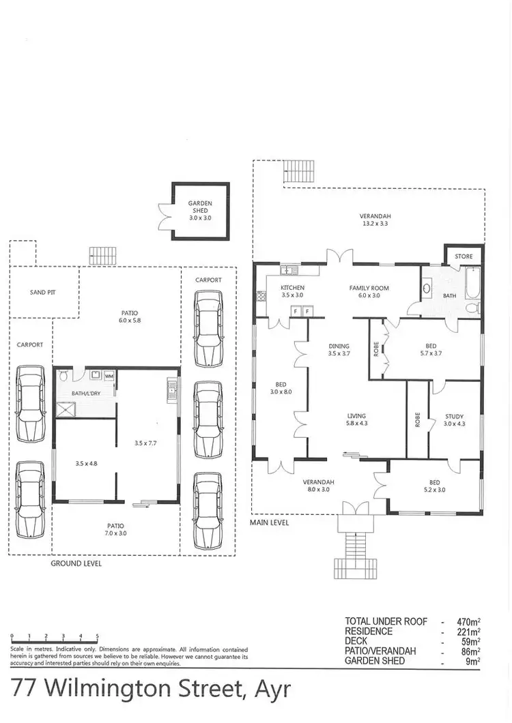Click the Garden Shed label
point(200,211)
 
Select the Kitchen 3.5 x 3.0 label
point(292,292)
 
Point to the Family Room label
point(369,292)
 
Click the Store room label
point(464,256)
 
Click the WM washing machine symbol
point(109,376)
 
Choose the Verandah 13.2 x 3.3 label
point(375,220)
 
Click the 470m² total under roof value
point(469,621)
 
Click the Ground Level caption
point(76,564)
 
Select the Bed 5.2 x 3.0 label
point(435,484)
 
